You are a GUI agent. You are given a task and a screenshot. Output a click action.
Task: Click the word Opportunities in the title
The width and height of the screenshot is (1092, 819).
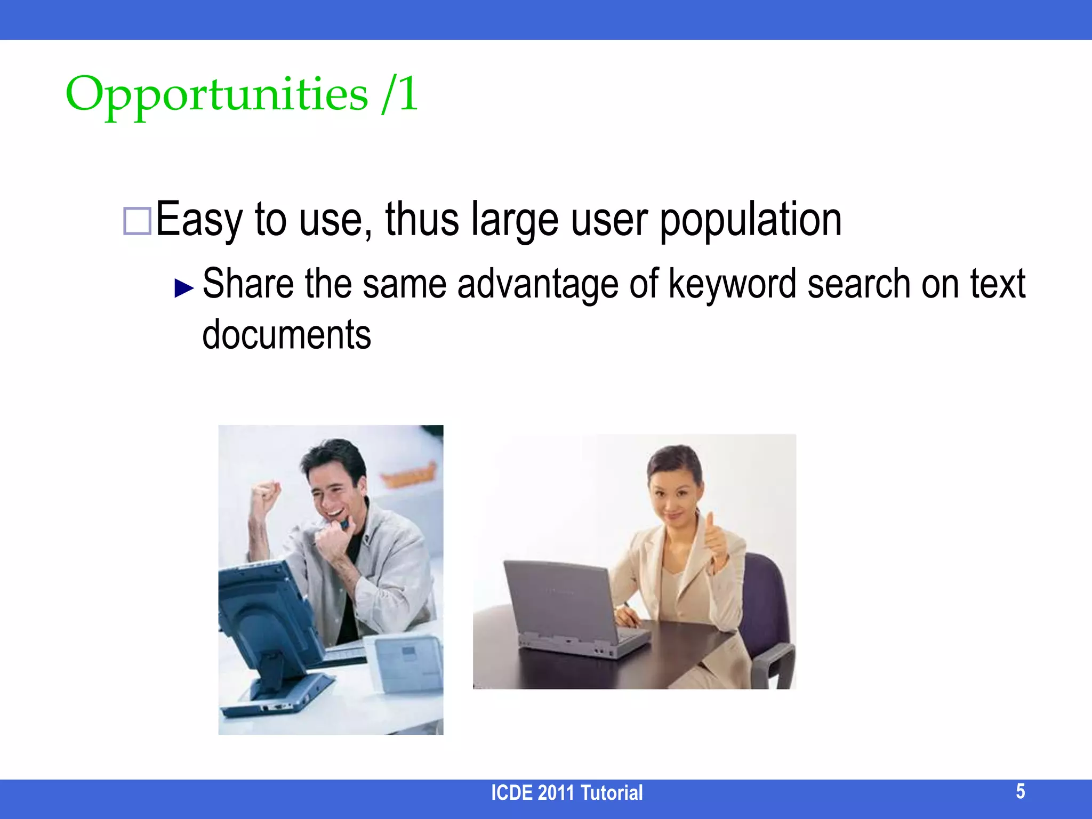pos(216,95)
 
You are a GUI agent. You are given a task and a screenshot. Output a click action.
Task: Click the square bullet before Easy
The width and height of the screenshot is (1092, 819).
pos(137,221)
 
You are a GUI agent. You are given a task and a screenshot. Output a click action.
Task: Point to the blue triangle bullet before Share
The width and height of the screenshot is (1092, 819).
pos(184,288)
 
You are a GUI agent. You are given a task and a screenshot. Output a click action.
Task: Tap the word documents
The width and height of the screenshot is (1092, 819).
pos(286,335)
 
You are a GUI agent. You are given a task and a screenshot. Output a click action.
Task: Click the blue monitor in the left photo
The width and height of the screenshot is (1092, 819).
pos(261,613)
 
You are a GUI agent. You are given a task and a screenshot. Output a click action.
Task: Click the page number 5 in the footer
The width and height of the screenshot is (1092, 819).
pos(1020,791)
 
